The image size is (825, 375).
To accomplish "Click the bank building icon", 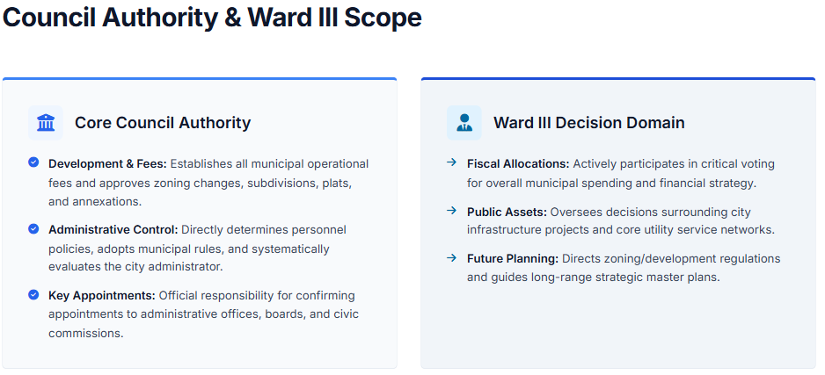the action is [46, 123].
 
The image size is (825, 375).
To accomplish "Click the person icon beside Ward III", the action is [464, 123].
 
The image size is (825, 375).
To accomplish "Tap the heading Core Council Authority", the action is [163, 123].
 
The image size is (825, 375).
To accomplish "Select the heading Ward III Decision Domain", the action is [589, 123].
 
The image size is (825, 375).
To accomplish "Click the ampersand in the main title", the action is [232, 18].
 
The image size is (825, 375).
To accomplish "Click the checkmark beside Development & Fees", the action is [33, 162].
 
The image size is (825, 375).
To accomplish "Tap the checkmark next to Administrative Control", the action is [33, 228].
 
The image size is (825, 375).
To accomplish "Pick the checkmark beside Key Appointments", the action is [33, 295].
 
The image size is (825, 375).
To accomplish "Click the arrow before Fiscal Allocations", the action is [451, 162].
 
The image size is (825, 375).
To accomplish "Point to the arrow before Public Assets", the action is [451, 211].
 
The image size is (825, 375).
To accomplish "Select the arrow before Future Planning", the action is [451, 257].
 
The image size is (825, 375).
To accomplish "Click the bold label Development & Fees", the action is [107, 164].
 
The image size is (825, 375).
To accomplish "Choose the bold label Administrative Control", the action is [113, 230].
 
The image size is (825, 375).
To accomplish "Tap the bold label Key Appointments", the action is [102, 296].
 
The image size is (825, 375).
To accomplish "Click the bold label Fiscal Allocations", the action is [518, 164].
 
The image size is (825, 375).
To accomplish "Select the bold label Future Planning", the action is [513, 259].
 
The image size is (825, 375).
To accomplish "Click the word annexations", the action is [95, 202].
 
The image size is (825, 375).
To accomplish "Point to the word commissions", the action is [86, 334].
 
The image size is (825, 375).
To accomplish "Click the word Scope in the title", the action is [383, 18].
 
